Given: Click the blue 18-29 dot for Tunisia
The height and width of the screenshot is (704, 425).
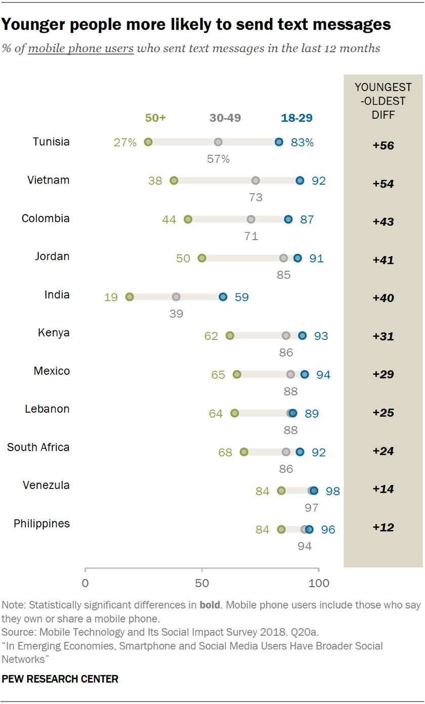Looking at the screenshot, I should (279, 142).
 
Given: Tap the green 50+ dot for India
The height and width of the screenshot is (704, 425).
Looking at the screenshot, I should (130, 297).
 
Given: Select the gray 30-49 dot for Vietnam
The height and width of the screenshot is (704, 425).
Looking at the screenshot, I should (256, 181).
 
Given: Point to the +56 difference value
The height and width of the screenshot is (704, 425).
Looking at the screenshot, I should (383, 146).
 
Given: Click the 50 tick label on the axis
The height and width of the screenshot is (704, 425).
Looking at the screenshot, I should (202, 583).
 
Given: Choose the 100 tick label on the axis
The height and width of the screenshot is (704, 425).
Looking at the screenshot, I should (319, 583).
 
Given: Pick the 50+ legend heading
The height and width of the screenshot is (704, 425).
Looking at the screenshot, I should (155, 118).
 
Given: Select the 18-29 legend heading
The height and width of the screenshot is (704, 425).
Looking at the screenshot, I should (296, 118).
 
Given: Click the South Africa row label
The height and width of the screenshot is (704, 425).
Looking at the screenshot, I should (38, 447).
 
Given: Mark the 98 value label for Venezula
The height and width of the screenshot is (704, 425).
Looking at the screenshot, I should (333, 491).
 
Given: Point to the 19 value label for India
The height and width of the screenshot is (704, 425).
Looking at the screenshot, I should (111, 297).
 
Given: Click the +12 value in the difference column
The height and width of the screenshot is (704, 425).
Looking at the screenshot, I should (383, 527).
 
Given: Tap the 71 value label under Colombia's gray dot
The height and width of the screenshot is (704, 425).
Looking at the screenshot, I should (251, 236).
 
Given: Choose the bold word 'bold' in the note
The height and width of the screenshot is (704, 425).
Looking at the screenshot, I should (209, 605).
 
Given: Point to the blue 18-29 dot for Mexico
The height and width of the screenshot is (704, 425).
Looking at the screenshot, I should (305, 374).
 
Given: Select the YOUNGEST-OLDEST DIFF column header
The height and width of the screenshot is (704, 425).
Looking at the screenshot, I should (382, 101).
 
